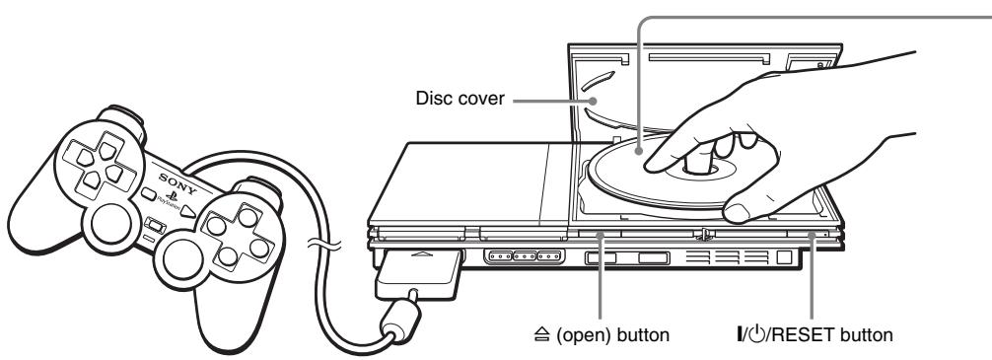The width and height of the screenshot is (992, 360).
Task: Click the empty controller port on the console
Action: click(523, 260)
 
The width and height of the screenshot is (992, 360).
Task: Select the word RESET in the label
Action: click(827, 333)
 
